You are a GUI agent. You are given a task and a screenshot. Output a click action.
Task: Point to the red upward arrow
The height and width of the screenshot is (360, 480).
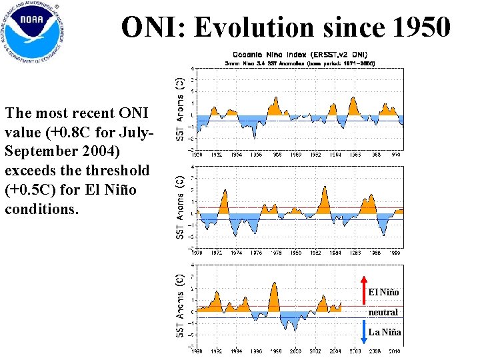tap(361, 287)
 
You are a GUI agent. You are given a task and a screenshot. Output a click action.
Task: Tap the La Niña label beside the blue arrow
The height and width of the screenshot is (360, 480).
tap(385, 332)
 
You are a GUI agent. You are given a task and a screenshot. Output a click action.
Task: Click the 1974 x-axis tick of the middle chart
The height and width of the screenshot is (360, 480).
tap(237, 253)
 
